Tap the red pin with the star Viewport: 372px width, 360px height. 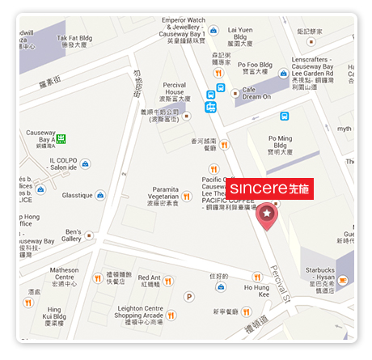click(x=264, y=214)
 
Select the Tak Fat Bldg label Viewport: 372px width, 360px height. click(x=74, y=41)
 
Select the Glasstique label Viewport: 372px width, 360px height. click(x=78, y=195)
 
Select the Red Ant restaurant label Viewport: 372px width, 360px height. click(x=149, y=280)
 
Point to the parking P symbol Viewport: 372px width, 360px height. click(x=190, y=297)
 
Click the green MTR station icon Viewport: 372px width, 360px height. click(x=61, y=138)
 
